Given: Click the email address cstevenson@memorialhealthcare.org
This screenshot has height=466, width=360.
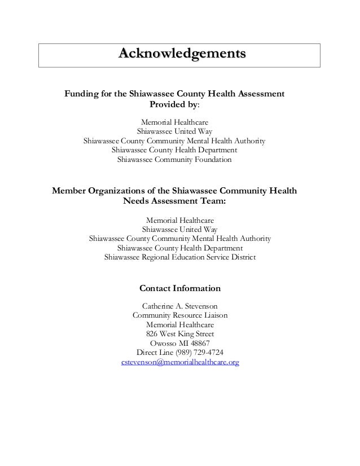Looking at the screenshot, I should point(180,362).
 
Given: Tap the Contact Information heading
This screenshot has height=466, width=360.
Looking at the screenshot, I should point(180,288).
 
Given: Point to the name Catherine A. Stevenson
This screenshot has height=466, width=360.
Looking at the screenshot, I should point(180,305).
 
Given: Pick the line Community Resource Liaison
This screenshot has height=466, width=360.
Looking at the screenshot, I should point(180,315).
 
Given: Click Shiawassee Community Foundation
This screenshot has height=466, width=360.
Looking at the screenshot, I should point(174,160).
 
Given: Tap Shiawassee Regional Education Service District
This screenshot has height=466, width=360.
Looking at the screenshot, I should point(180,257).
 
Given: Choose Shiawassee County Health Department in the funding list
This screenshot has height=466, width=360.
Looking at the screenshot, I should point(174,150).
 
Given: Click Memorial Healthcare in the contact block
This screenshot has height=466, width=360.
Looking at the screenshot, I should point(180,324).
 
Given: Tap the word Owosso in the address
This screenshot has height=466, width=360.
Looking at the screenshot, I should point(162,343).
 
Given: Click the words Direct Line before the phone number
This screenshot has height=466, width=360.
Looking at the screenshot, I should point(154,353).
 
